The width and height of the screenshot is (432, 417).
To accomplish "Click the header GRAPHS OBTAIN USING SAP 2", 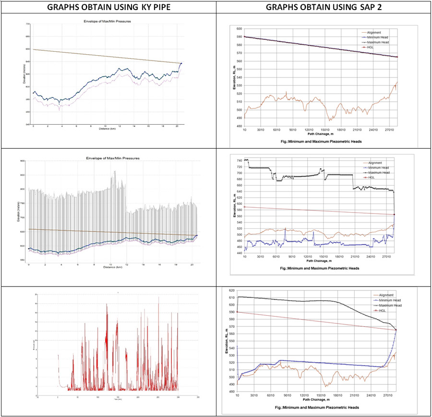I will click(323, 7).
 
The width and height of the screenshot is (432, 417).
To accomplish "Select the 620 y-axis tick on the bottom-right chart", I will click(233, 291).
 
